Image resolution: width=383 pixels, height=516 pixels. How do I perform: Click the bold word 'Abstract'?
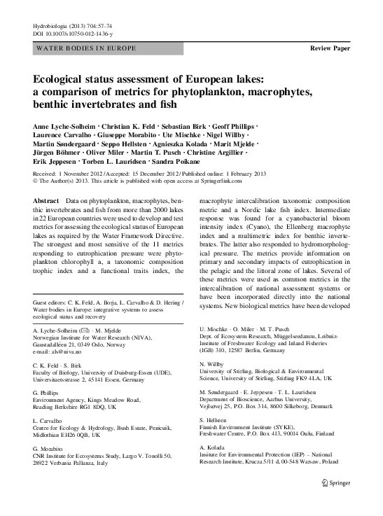click(x=46, y=200)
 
